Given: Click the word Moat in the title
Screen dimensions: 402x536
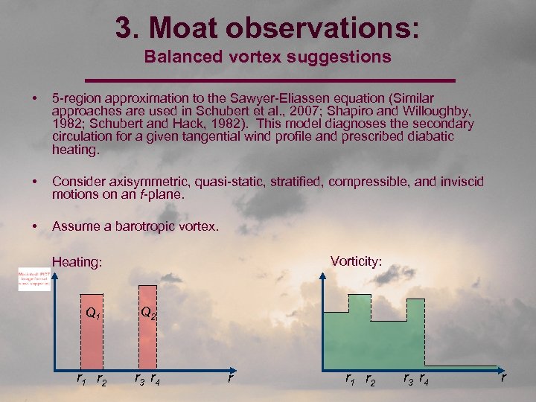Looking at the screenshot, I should [183, 28].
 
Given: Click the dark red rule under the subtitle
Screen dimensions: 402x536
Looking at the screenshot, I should [269, 79].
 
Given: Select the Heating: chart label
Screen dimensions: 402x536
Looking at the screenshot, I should [77, 262].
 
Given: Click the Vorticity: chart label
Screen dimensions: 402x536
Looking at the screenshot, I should [357, 261].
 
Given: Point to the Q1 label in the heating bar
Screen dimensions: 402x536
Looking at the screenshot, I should [92, 313].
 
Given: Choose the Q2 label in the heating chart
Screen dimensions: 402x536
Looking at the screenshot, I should [148, 313].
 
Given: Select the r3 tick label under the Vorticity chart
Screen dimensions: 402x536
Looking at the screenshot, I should [408, 380].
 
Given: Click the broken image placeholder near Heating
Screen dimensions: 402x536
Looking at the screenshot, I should [34, 279].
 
